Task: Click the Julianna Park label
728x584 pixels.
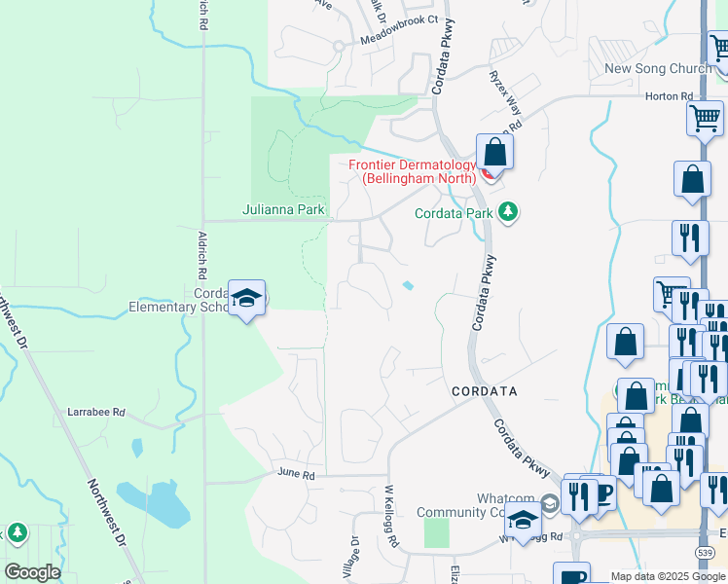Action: (283, 209)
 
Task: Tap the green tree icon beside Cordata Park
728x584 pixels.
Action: (507, 211)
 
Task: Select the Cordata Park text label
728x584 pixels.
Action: (455, 212)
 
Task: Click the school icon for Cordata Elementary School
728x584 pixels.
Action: (247, 298)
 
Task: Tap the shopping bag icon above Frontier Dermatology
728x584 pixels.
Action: (494, 153)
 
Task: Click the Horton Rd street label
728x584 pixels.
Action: (672, 96)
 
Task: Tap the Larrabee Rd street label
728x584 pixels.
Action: (96, 413)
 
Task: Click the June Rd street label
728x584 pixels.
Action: (296, 474)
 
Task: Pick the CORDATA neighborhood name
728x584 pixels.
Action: (484, 390)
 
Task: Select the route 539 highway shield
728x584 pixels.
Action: (703, 552)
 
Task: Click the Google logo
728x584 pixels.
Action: (32, 572)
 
